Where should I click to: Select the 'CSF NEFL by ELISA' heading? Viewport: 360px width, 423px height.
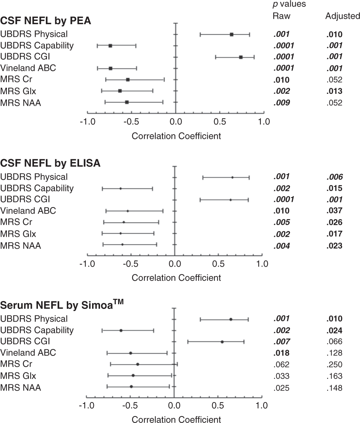[50, 163]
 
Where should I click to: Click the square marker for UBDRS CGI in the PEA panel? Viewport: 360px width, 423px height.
[241, 57]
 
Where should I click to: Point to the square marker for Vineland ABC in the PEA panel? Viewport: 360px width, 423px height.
[110, 68]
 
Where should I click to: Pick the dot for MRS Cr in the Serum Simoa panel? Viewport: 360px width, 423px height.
[138, 364]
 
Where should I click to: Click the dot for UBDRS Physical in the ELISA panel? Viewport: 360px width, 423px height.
[233, 177]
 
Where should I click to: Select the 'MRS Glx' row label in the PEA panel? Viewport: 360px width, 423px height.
[18, 91]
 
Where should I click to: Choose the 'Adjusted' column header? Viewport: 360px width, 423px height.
[342, 16]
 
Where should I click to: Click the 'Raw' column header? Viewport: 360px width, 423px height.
[281, 16]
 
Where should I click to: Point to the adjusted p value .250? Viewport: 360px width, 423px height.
[334, 365]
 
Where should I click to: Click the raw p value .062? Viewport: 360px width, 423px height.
[282, 365]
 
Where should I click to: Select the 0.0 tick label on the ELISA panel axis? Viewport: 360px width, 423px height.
[174, 264]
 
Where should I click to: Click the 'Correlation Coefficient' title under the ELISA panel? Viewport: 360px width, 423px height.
[176, 278]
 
